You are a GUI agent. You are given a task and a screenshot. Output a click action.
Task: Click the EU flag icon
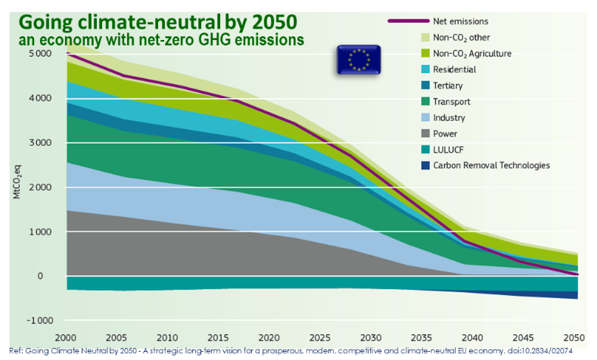click(x=359, y=60)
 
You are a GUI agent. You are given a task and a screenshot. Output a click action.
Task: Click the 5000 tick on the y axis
click(x=41, y=54)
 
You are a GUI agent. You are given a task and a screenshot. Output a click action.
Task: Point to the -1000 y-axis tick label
click(x=39, y=321)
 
